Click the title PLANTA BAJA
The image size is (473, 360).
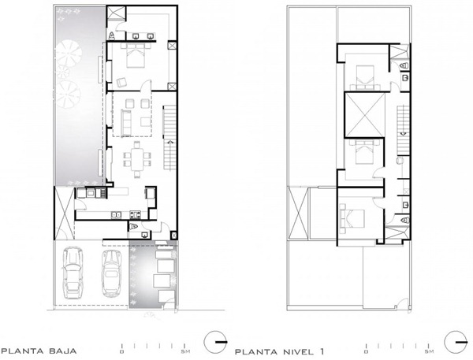[x=39, y=351]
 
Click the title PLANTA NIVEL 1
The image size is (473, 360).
[x=280, y=351]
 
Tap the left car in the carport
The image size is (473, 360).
[x=73, y=273]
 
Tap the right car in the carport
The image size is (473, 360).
[x=112, y=273]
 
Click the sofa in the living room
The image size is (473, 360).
[x=126, y=123]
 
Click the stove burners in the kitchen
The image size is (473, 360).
[x=136, y=214]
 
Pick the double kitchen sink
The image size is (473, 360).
[x=116, y=215]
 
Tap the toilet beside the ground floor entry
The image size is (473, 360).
[x=132, y=226]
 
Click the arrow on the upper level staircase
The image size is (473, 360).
[x=403, y=135]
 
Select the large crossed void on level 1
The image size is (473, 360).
[x=365, y=115]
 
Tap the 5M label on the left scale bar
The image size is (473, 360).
[x=184, y=351]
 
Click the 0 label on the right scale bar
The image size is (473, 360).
[x=367, y=352]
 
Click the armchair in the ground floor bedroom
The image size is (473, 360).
[x=121, y=82]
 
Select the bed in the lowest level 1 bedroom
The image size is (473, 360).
[x=352, y=218]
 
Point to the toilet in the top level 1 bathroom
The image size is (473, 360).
[x=404, y=65]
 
